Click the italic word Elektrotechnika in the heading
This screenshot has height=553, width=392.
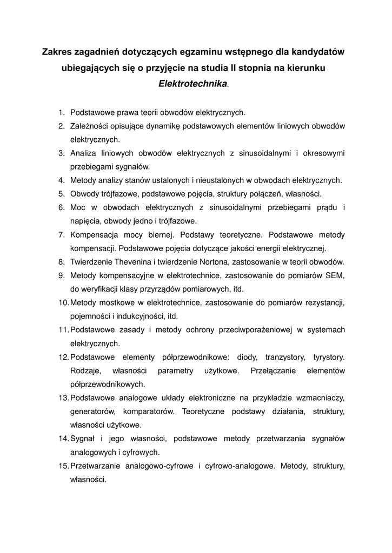point(193,84)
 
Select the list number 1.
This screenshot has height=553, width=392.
point(61,113)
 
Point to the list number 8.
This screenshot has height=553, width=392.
point(61,262)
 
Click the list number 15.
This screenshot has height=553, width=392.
point(63,466)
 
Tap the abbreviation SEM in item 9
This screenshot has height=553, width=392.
point(336,275)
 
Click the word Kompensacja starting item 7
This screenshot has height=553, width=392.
point(96,235)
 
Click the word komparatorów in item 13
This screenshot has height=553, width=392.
point(150,412)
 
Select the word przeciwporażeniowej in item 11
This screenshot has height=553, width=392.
point(249,330)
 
